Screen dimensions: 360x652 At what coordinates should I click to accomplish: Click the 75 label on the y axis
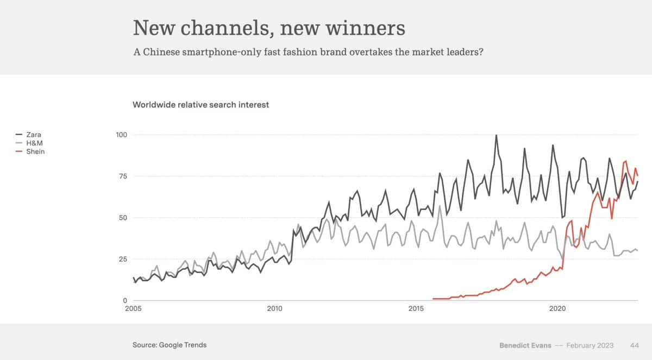coord(122,176)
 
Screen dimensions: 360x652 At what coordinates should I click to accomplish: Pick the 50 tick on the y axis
coord(122,218)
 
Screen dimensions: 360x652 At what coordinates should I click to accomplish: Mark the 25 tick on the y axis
coord(122,259)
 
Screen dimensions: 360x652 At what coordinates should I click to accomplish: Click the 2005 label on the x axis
coord(133,308)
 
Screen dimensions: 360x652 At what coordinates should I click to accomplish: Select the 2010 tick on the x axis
coord(275,308)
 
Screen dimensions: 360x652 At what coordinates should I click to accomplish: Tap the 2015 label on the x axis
coord(416,308)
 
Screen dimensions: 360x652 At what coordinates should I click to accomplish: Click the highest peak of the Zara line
coord(496,135)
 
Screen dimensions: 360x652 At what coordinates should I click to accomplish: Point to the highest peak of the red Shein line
coord(626,161)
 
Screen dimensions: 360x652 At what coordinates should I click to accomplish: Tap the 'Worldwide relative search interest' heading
coord(200,105)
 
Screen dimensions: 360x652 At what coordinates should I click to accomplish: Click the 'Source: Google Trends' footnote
coord(170,345)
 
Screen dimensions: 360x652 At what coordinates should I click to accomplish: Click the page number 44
coord(634,345)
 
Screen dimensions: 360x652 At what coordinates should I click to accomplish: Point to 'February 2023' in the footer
coord(590,345)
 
